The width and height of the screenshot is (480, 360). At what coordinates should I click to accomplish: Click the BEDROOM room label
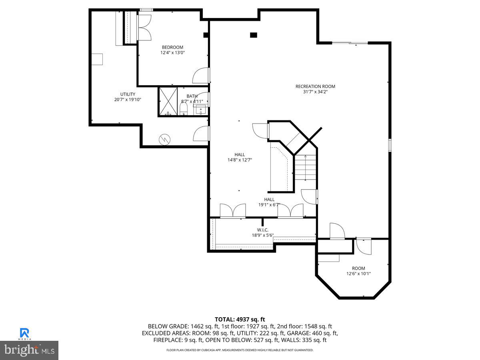172,47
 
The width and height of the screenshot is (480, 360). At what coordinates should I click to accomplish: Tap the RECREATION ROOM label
315,86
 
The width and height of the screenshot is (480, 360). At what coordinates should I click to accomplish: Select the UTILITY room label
128,94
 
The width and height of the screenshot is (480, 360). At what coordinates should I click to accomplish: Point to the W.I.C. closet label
262,230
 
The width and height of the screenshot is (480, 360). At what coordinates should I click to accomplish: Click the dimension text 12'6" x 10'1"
358,274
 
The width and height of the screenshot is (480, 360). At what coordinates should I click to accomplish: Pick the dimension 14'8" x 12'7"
240,160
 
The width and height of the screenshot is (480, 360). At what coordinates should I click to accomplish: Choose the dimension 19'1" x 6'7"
269,205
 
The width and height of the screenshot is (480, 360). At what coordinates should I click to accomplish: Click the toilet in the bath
184,108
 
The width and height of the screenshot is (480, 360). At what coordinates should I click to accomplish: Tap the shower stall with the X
168,101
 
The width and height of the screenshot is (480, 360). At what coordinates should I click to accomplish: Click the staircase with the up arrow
306,168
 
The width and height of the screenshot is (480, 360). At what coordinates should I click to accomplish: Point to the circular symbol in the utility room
164,139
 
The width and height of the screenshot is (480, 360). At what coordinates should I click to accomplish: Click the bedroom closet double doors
144,27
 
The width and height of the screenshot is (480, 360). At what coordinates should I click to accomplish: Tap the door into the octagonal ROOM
363,246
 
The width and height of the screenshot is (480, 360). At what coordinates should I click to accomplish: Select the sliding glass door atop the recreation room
350,42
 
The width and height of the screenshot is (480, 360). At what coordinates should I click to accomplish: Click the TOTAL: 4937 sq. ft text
240,319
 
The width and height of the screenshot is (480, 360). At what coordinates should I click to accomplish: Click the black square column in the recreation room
253,35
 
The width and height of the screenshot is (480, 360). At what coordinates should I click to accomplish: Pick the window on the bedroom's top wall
146,10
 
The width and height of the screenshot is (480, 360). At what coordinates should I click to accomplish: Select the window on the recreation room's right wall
390,145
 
